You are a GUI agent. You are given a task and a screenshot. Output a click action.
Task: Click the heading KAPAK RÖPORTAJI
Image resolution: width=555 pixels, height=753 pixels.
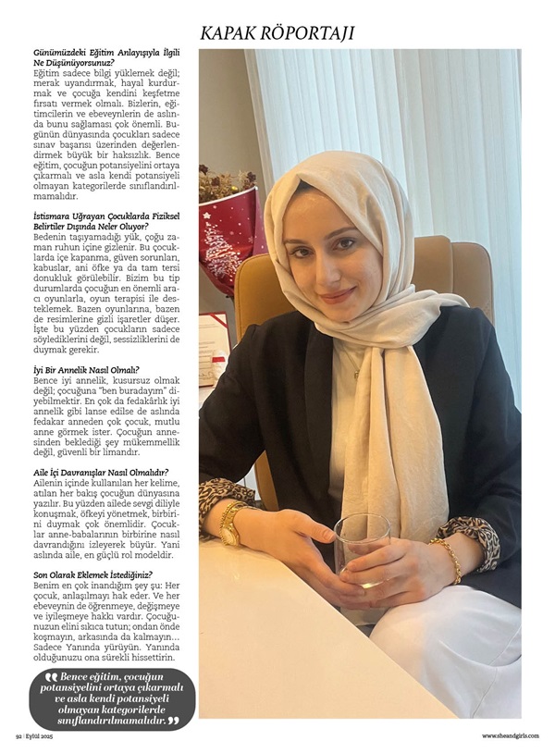coord(277,33)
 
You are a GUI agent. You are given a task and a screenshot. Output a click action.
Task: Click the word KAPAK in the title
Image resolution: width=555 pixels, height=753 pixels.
coord(233,33)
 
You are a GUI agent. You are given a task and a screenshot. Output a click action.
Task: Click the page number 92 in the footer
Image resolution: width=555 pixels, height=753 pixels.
coord(18,736)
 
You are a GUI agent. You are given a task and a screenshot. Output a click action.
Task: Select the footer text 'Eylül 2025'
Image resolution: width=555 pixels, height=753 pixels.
coord(43,736)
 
